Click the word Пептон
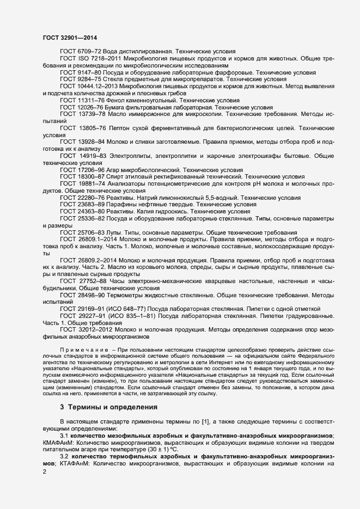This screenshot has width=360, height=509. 122,128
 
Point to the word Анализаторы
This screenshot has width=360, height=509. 131,184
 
